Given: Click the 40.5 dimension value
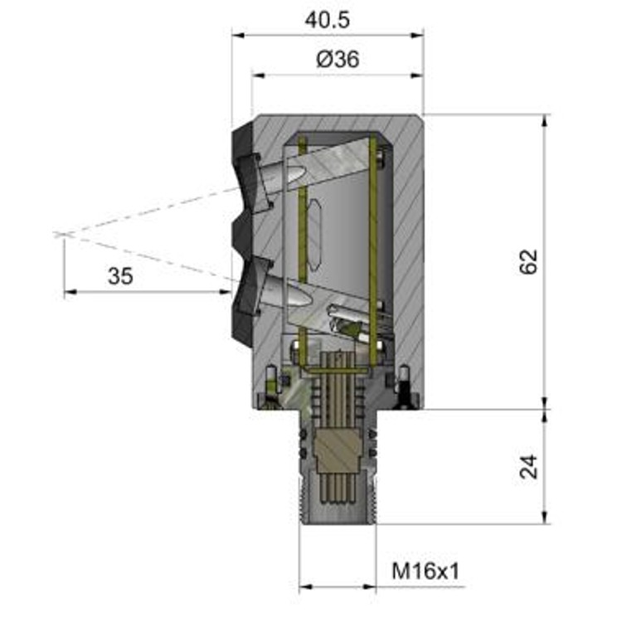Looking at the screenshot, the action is pos(327,20).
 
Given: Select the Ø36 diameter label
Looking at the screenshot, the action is pos(338,59).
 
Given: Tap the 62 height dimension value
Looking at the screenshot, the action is pos(528,262).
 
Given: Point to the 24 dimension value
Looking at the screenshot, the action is pos(528,466).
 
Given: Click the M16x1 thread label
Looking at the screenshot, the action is pos(425,571).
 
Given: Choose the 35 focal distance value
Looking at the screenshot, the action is pos(120,276).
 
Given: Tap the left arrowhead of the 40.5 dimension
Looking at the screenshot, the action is pos(238,36).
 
